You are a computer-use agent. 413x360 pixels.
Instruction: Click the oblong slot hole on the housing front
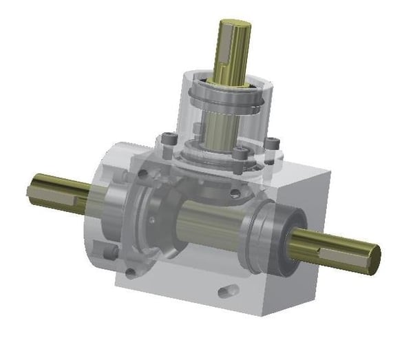tap(227, 291)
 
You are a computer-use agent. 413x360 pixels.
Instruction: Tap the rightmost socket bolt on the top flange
tap(274, 144)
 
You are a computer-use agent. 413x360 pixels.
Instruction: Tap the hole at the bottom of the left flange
tap(131, 274)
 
